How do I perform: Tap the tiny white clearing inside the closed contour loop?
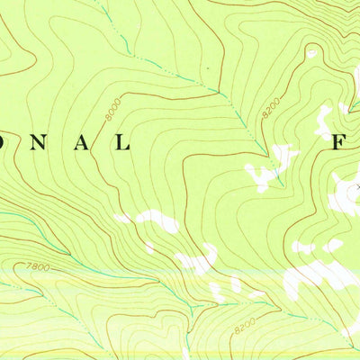[x=312, y=54]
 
